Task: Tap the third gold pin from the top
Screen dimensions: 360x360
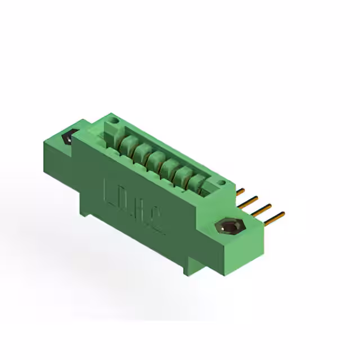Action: tap(263, 208)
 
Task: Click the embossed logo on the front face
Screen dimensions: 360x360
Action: tap(134, 205)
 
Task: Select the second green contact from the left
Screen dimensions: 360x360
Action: tap(142, 151)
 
